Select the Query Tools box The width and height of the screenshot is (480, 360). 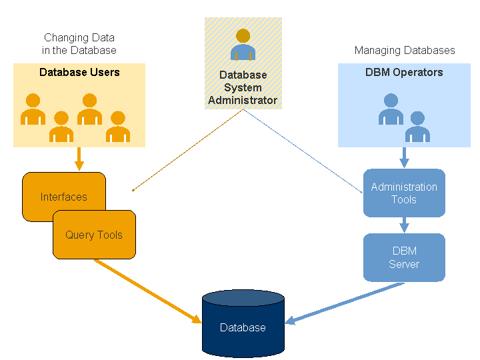[x=94, y=235]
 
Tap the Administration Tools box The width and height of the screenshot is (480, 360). [x=404, y=193]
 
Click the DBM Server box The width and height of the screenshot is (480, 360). [x=404, y=257]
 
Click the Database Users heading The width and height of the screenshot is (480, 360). [x=79, y=72]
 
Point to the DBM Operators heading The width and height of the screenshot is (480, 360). [x=404, y=72]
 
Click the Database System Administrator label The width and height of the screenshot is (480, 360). [x=243, y=87]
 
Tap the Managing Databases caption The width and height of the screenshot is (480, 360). [x=405, y=51]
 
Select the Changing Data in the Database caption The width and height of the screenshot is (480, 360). [x=79, y=44]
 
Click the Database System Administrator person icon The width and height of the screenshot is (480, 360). [x=243, y=45]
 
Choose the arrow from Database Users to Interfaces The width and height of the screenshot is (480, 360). [x=79, y=159]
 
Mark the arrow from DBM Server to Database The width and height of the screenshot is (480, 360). [x=347, y=303]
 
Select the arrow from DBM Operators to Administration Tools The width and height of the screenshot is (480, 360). [x=404, y=158]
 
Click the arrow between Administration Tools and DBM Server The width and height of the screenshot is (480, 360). [x=404, y=225]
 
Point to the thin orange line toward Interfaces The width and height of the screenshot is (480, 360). [x=187, y=151]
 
